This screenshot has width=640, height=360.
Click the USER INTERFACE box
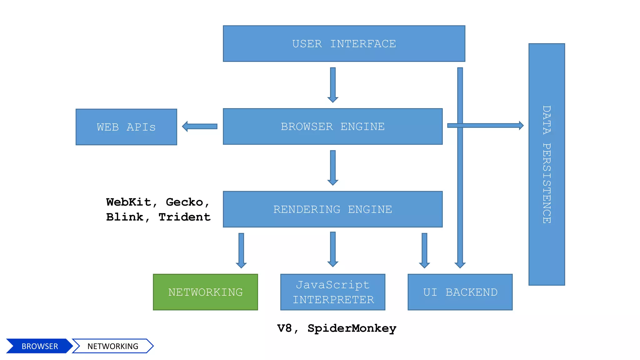tap(344, 43)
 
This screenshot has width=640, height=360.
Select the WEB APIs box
tap(126, 127)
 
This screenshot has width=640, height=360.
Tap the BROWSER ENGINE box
tap(332, 127)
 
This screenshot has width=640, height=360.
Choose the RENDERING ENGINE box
tap(332, 209)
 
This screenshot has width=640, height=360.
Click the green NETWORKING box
tap(205, 292)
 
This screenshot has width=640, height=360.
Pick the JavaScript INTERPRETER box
tap(332, 292)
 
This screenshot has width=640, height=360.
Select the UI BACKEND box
tap(460, 292)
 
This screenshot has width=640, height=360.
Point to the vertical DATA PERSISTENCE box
tap(547, 164)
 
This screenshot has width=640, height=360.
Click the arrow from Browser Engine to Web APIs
tap(200, 126)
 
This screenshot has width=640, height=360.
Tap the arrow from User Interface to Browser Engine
tap(333, 84)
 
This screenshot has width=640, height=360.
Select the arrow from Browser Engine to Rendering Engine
tap(333, 167)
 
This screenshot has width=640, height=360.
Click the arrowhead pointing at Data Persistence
tap(521, 125)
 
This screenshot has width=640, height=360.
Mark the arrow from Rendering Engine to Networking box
tap(241, 250)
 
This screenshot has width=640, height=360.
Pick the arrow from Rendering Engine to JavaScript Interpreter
tap(333, 249)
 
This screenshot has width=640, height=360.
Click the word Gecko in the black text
tap(184, 202)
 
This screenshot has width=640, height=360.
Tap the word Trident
tap(184, 217)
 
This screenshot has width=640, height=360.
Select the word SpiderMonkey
tap(352, 328)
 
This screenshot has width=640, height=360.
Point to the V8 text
tap(284, 328)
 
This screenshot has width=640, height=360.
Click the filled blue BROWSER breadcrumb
tap(39, 346)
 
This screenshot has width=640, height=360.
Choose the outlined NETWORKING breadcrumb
tap(112, 346)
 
